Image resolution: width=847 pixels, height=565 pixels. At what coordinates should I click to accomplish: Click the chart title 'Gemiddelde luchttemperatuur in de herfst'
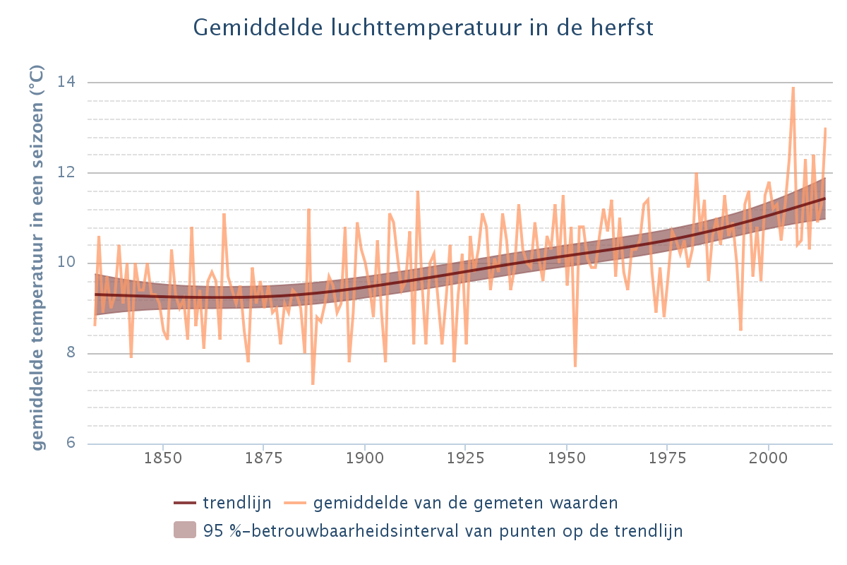(423, 28)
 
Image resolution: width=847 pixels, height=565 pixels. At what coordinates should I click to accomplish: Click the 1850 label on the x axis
(163, 457)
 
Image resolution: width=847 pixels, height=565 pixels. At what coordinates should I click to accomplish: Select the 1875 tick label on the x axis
(264, 457)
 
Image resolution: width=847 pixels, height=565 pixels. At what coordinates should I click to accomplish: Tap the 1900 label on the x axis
(364, 457)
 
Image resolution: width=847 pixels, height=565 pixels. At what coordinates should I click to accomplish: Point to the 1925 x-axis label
(465, 457)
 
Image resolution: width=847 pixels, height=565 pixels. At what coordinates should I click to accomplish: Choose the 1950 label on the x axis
(566, 457)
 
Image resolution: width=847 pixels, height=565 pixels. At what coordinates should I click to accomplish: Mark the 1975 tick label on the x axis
(667, 457)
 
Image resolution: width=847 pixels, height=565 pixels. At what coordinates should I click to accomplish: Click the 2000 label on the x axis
(768, 457)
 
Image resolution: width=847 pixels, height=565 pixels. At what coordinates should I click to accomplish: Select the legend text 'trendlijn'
(236, 503)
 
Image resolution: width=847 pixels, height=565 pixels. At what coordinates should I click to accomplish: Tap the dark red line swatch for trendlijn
(184, 503)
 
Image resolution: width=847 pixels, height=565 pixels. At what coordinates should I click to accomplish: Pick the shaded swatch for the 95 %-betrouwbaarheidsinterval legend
(184, 530)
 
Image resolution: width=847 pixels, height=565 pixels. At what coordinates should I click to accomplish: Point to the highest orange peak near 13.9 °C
(793, 88)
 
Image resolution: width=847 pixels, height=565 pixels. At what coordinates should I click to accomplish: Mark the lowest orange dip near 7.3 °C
(313, 384)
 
